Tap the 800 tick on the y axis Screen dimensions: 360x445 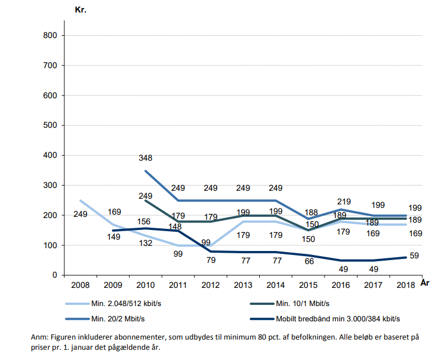(x=49, y=35)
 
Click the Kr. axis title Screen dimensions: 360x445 (x=80, y=10)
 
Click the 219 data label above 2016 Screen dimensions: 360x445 (x=343, y=202)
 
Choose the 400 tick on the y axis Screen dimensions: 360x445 (x=49, y=155)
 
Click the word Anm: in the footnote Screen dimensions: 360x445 (x=40, y=337)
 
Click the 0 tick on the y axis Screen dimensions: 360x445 (x=55, y=275)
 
